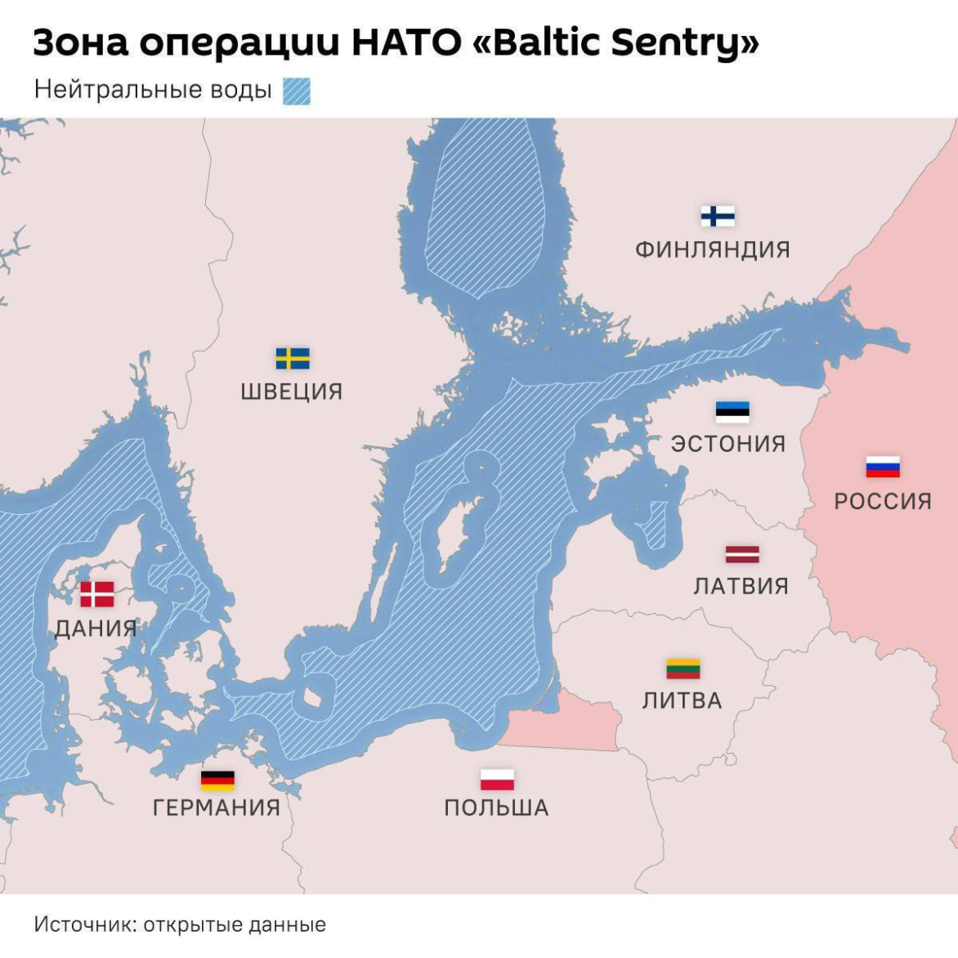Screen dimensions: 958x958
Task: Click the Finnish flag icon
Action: pos(717,216)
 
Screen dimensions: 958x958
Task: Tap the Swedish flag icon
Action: pos(292,358)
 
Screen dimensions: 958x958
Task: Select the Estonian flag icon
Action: pos(732,411)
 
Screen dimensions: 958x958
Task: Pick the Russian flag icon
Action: pos(883,467)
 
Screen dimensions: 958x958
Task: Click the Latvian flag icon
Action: pos(741,554)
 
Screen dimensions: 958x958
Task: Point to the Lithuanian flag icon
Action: pos(683,669)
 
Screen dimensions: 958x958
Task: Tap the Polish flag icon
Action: pos(496,779)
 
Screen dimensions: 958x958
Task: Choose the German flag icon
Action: pos(217,780)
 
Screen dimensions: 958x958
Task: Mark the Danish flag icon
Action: pos(96,594)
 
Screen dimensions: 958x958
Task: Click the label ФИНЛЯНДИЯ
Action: pos(713,249)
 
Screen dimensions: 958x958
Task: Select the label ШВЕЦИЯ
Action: pos(292,392)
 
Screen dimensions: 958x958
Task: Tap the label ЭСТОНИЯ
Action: pos(728,444)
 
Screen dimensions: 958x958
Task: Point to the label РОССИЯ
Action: pos(883,501)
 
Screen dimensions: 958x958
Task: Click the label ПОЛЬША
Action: pos(496,808)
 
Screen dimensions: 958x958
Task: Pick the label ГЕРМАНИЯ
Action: pos(217,808)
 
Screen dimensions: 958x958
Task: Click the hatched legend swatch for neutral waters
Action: pos(296,91)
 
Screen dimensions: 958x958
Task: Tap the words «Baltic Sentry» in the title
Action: pos(616,43)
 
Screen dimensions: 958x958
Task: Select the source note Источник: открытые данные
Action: pos(180,924)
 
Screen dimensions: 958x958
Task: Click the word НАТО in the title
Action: pos(405,43)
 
